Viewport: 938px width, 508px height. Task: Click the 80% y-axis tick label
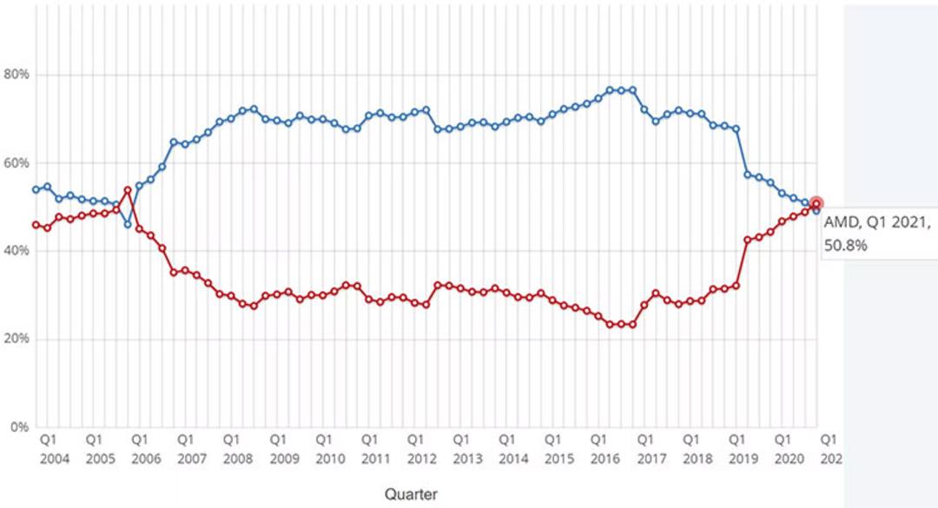click(17, 74)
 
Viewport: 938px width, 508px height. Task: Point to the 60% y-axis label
click(17, 162)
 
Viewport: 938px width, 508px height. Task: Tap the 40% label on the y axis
click(17, 251)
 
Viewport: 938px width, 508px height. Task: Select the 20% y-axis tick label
click(17, 339)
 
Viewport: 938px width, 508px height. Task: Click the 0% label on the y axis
click(19, 427)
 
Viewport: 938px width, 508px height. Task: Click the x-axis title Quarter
click(411, 494)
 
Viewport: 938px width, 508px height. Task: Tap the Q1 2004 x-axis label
click(55, 449)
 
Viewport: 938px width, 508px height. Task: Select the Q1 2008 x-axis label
click(238, 449)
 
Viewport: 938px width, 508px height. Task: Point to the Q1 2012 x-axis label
click(422, 449)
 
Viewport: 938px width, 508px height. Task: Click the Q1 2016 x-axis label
click(605, 449)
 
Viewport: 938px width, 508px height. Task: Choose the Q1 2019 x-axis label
click(743, 449)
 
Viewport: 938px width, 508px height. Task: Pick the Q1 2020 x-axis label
click(789, 449)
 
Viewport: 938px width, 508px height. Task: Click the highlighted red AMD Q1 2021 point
click(816, 204)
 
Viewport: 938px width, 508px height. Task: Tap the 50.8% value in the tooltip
click(845, 246)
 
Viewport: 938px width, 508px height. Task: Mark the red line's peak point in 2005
click(128, 189)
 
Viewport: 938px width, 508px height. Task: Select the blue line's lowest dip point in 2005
click(128, 224)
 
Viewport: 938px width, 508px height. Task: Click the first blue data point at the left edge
click(36, 189)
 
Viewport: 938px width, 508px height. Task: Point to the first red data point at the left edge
click(36, 225)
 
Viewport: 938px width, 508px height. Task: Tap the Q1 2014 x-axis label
click(514, 449)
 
